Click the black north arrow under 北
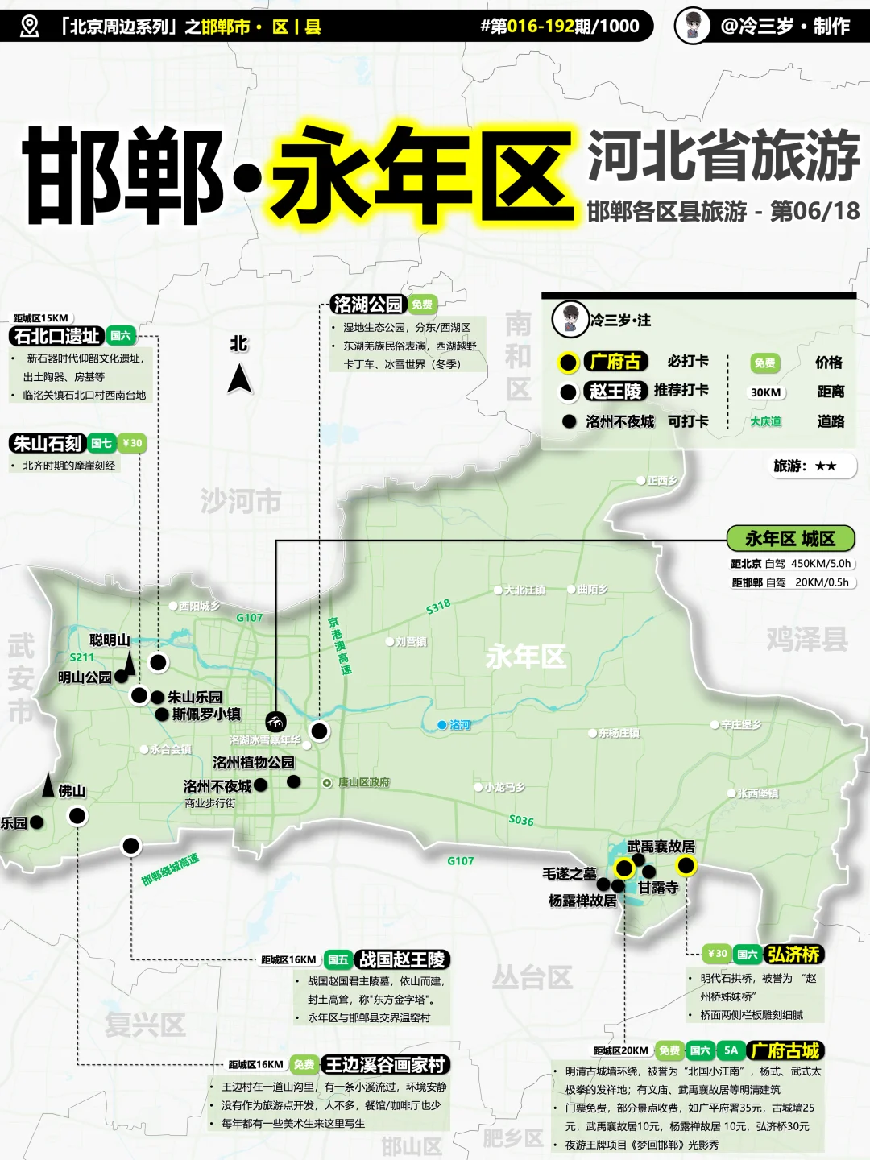239,379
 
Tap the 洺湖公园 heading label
368,304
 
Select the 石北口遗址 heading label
57,336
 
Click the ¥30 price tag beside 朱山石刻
132,443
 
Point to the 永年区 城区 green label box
789,538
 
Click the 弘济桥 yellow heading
793,954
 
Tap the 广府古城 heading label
785,1050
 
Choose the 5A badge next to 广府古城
731,1050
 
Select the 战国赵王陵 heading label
401,959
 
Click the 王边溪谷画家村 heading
384,1065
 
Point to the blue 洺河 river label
460,725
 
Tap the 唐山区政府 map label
363,782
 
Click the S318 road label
438,607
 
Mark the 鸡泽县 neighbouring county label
807,639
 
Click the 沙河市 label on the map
240,501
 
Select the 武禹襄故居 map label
661,846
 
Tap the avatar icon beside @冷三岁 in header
692,26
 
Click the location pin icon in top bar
29,26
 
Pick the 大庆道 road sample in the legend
765,421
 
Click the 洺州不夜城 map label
217,785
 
